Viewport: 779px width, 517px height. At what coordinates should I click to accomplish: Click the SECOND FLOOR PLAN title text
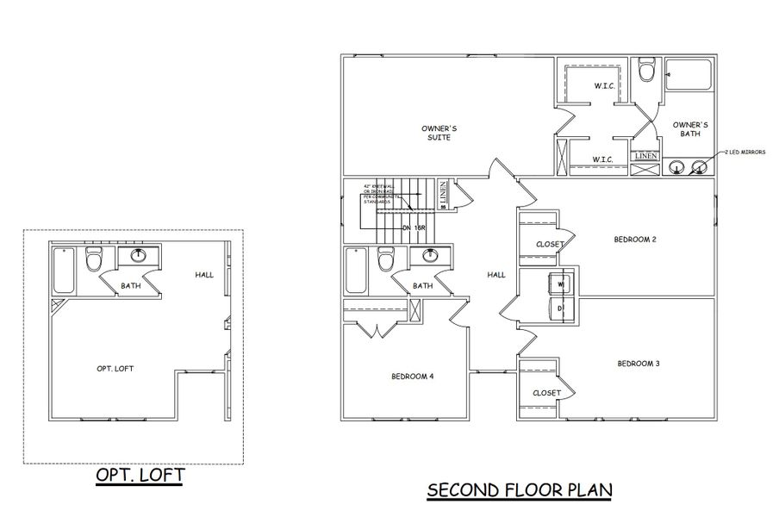coord(520,490)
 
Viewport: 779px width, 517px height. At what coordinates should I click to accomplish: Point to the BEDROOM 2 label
coord(636,239)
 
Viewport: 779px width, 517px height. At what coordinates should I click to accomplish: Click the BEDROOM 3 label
coord(638,364)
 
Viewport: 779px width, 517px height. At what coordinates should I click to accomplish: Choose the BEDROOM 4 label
coord(413,377)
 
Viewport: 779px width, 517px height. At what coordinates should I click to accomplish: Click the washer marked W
coord(559,283)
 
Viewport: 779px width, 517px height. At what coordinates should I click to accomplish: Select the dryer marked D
coord(559,308)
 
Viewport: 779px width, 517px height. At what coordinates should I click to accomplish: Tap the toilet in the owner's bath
coord(647,71)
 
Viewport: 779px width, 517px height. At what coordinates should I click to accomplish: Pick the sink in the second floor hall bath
coord(428,255)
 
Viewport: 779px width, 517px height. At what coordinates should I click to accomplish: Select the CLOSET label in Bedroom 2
coord(549,244)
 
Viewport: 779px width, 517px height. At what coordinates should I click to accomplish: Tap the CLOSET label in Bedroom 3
coord(546,393)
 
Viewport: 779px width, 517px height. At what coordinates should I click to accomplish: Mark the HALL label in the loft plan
coord(204,275)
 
